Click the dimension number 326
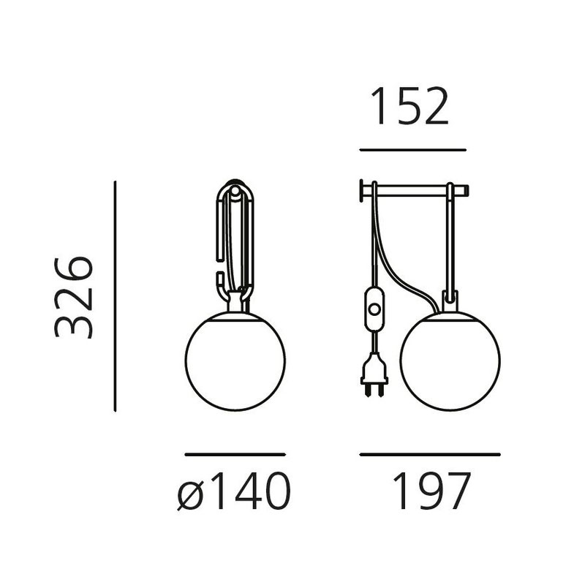[74, 298]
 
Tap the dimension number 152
[410, 106]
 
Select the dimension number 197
[431, 491]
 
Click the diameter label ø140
[234, 491]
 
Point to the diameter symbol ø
[191, 494]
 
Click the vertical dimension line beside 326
[115, 296]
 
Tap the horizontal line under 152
[412, 150]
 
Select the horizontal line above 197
[430, 454]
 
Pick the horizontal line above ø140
[235, 454]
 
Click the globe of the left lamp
[235, 361]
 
